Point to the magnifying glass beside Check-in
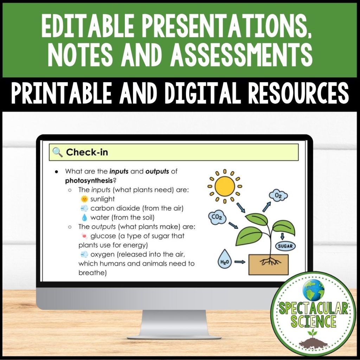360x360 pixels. pos(57,152)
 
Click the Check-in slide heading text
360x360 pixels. pos(87,152)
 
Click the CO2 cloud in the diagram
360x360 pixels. pos(216,218)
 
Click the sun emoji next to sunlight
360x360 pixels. pos(84,199)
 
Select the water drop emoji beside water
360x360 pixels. pos(84,217)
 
